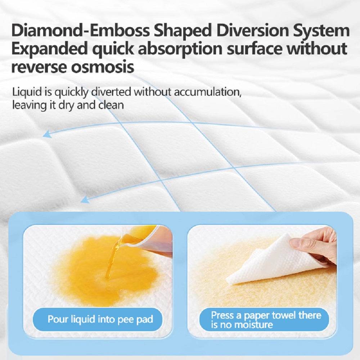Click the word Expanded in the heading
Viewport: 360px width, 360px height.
coord(49,49)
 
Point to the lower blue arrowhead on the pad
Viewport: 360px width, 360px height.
coord(85,199)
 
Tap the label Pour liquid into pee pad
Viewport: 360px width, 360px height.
coord(100,319)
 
